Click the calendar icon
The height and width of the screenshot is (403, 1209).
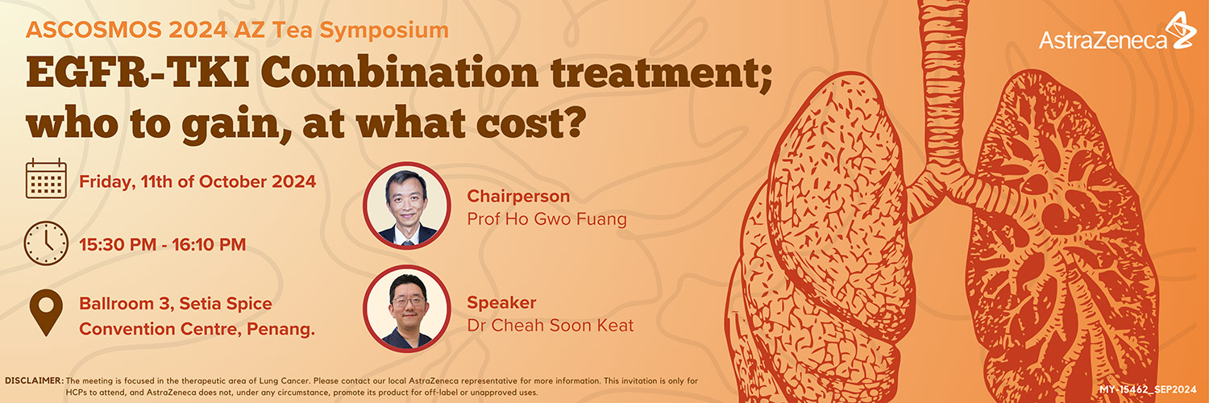pyautogui.click(x=47, y=179)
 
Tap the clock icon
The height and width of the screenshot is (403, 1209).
pyautogui.click(x=47, y=243)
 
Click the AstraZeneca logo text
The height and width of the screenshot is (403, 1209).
pyautogui.click(x=1103, y=40)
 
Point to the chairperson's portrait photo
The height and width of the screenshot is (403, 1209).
pyautogui.click(x=407, y=206)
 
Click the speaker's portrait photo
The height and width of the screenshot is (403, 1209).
pyautogui.click(x=407, y=309)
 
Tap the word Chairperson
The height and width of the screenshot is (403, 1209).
pyautogui.click(x=518, y=196)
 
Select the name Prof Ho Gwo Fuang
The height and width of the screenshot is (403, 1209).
pyautogui.click(x=546, y=219)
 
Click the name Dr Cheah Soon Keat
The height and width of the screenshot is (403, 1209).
pyautogui.click(x=550, y=326)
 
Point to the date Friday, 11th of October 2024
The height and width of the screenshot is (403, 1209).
pyautogui.click(x=197, y=182)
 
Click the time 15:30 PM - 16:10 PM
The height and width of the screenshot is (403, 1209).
pyautogui.click(x=163, y=244)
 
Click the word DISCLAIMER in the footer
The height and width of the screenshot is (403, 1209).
pyautogui.click(x=34, y=381)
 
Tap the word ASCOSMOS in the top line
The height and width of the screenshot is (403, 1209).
pyautogui.click(x=93, y=30)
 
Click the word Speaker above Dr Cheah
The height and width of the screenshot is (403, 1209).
pyautogui.click(x=501, y=303)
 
